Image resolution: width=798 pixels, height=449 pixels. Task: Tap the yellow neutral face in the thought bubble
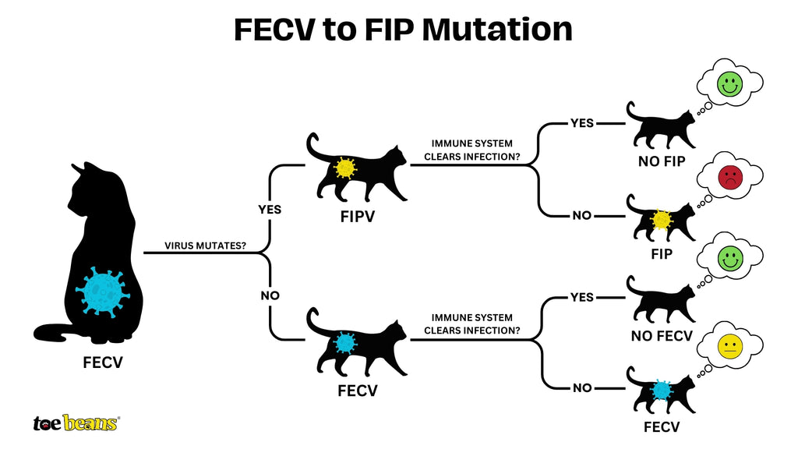(729, 347)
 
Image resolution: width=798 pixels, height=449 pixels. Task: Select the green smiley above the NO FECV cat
(729, 259)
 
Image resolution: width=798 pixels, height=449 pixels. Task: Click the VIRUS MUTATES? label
(206, 246)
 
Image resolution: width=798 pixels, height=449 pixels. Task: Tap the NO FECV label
(662, 336)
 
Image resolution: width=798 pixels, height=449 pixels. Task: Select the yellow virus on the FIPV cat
(344, 168)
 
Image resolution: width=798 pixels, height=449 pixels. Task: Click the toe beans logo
(76, 422)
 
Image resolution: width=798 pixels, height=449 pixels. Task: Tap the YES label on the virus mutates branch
(270, 210)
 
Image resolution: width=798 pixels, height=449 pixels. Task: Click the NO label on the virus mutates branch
(270, 296)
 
